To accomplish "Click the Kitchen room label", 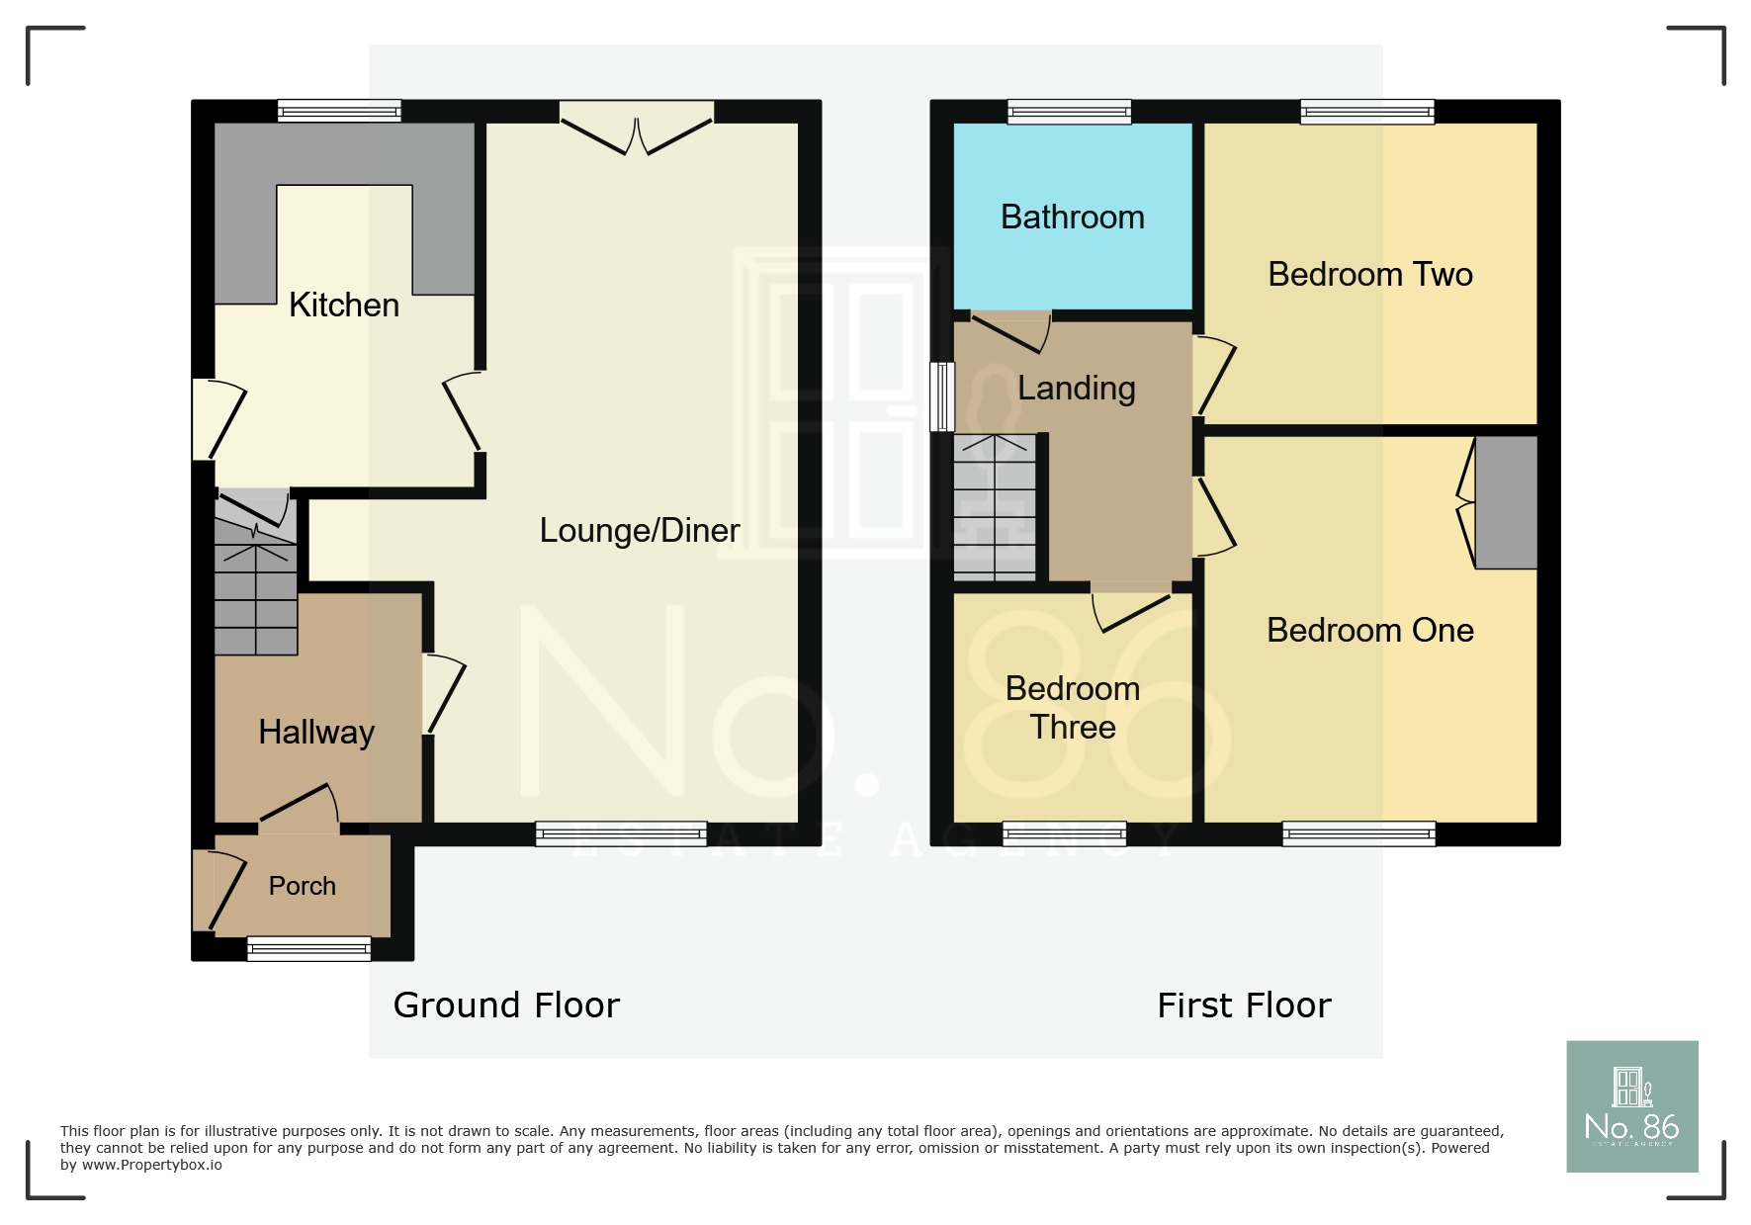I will (344, 305).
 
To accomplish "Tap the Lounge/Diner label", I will (640, 531).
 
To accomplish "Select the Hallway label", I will (316, 733).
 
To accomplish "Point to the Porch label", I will (303, 886).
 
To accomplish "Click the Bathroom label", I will (1073, 218).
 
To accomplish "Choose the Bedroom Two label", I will (1370, 275).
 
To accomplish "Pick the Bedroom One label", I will (1370, 631).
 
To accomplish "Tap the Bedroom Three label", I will (1073, 708).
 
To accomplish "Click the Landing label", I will (1077, 389).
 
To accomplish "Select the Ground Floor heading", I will (506, 1006).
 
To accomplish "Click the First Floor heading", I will (1244, 1006).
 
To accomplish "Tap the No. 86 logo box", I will (1632, 1106).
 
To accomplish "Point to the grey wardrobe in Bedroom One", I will (1506, 502).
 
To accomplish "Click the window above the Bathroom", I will (1069, 112).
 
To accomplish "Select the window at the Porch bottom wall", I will (308, 949).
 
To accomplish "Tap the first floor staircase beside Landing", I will (995, 507).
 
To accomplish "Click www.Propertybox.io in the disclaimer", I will (151, 1165).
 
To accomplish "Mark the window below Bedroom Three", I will (1065, 834).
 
